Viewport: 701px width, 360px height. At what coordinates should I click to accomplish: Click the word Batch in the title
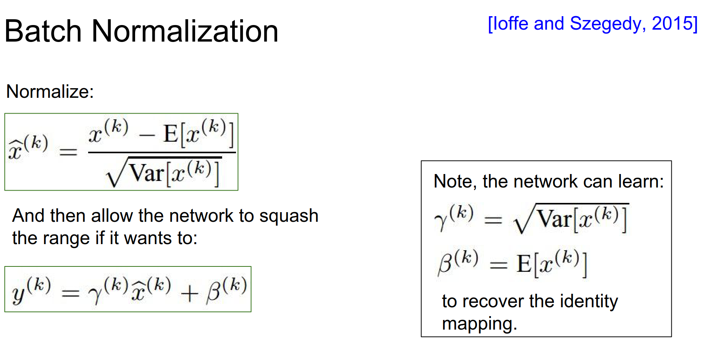(43, 32)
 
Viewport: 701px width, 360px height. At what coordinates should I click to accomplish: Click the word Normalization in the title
(185, 32)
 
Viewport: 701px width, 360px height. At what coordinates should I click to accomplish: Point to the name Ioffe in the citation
(510, 23)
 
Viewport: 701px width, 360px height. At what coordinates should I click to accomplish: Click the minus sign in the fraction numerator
(147, 136)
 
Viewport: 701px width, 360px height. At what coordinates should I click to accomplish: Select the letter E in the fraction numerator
(170, 134)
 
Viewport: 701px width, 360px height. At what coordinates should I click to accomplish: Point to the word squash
(289, 216)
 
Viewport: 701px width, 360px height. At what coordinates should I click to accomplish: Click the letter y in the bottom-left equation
(18, 295)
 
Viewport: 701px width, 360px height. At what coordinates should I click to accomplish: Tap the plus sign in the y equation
(189, 295)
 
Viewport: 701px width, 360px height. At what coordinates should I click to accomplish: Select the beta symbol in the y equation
(213, 293)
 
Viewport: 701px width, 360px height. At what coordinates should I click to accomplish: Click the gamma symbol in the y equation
(95, 295)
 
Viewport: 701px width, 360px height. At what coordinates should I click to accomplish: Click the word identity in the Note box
(589, 301)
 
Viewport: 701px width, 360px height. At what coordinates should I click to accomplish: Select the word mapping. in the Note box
(479, 324)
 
